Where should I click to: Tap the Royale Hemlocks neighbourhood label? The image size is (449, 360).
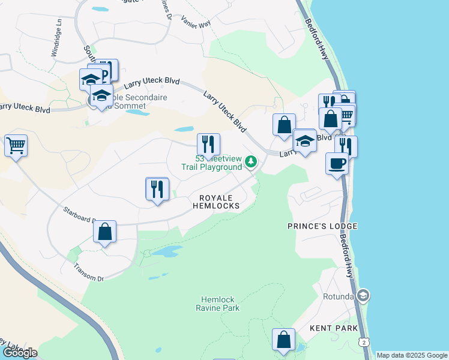coord(215,202)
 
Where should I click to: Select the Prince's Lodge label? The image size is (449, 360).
coord(322,226)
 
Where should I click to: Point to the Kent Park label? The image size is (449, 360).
coord(334,328)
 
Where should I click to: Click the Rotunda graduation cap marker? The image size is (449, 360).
coord(363,295)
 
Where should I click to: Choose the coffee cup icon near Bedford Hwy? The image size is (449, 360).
coord(337,163)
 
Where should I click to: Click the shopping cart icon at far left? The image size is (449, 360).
coord(16,145)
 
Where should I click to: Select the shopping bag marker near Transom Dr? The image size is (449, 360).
coord(104,232)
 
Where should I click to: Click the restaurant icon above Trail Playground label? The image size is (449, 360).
coord(208,143)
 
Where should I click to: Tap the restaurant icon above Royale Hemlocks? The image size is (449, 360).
coord(157,189)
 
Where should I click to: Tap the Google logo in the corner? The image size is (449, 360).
coord(19,353)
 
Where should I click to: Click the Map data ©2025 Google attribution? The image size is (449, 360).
coord(412,355)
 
